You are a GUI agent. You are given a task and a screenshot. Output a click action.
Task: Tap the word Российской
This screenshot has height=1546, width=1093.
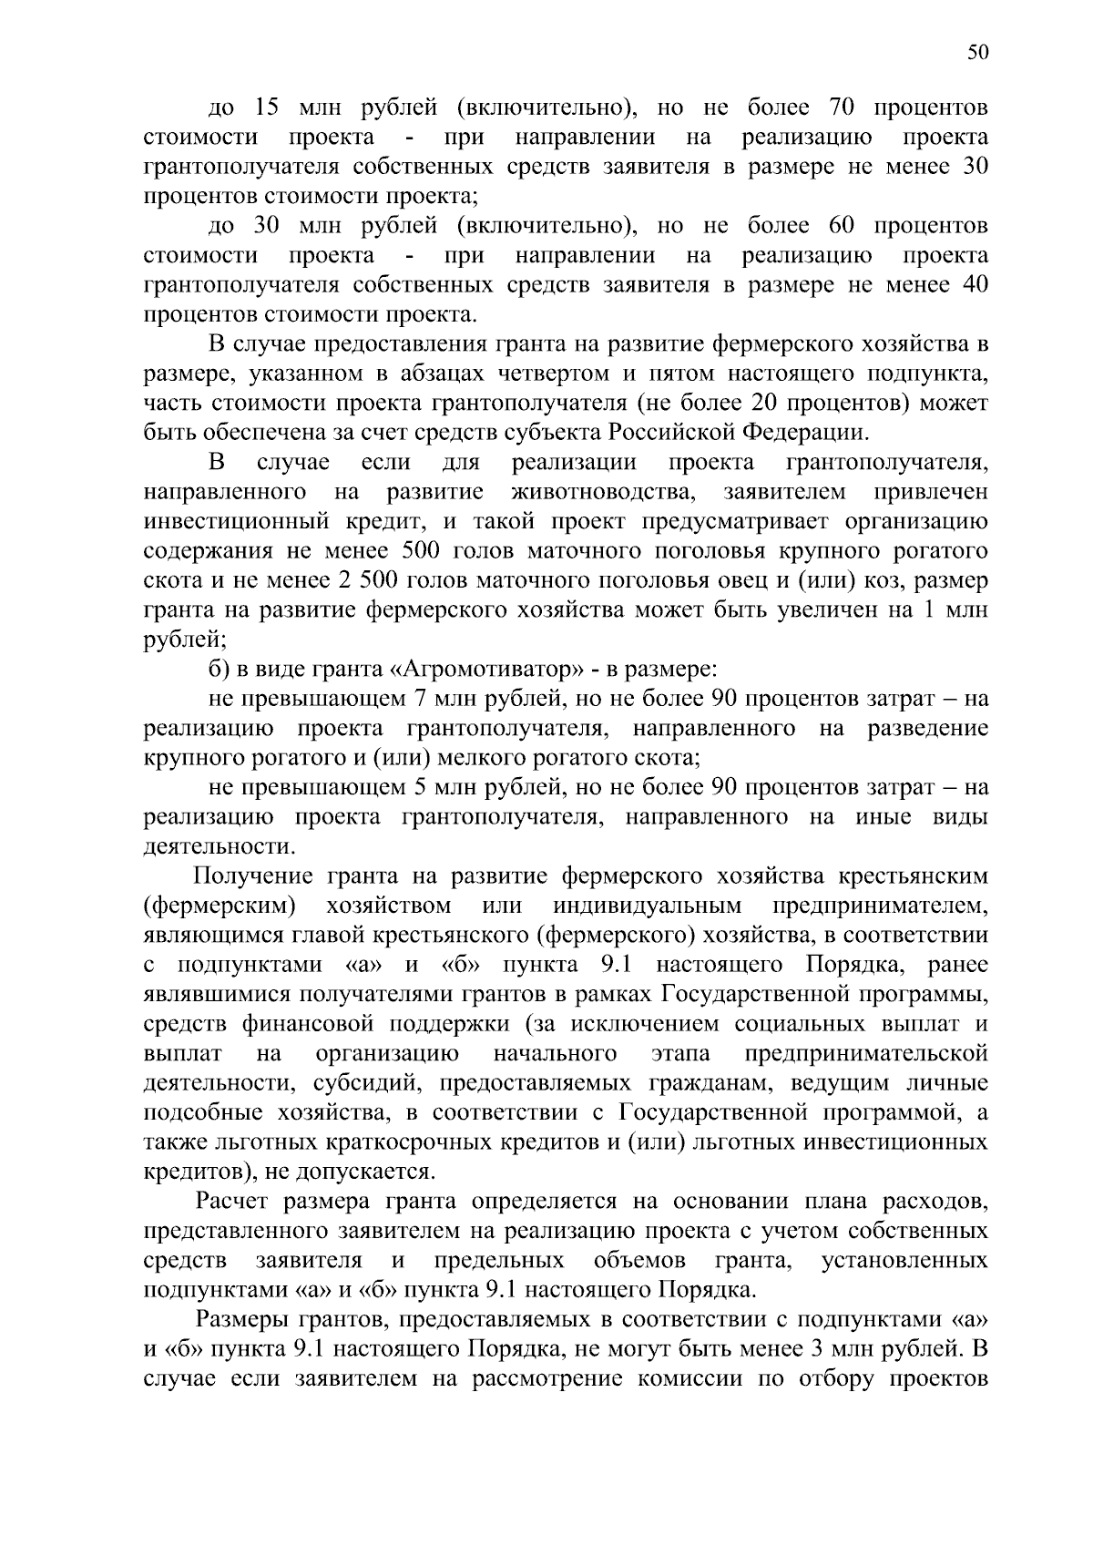click(672, 432)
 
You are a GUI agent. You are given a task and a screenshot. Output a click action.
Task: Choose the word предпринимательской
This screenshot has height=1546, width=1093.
click(866, 1054)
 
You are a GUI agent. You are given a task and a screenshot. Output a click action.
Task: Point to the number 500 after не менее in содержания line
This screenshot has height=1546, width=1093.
click(420, 551)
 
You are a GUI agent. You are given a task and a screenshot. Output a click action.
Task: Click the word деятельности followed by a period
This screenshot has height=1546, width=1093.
click(217, 847)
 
